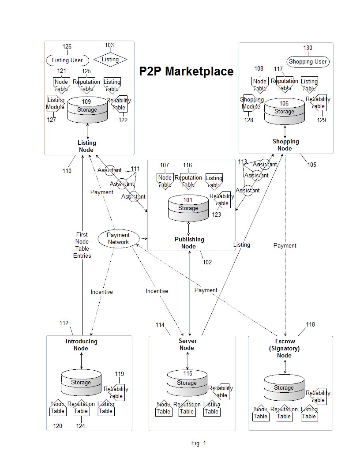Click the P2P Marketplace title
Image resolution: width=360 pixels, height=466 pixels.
pyautogui.click(x=186, y=71)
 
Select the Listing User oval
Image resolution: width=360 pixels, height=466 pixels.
pyautogui.click(x=67, y=60)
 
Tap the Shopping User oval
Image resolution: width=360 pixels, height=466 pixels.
pyautogui.click(x=307, y=62)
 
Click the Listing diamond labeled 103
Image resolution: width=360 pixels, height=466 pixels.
pyautogui.click(x=110, y=60)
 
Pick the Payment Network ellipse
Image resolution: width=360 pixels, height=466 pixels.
pyautogui.click(x=118, y=239)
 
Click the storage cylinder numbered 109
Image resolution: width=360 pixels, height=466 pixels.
pyautogui.click(x=87, y=110)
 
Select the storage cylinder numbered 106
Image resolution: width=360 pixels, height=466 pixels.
pyautogui.click(x=284, y=112)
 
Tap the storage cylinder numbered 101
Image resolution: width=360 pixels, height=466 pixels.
pyautogui.click(x=188, y=208)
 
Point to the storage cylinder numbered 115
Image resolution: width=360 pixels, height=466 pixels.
pyautogui.click(x=187, y=383)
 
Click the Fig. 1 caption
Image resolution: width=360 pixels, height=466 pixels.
pyautogui.click(x=199, y=443)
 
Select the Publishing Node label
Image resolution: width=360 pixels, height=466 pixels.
pyautogui.click(x=189, y=243)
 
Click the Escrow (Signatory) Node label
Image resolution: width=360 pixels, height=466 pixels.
pyautogui.click(x=285, y=348)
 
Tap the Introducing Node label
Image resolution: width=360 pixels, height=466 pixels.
pyautogui.click(x=81, y=345)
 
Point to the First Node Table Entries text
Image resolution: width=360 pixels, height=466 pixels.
pyautogui.click(x=82, y=245)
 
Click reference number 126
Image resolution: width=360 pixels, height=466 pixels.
pyautogui.click(x=67, y=47)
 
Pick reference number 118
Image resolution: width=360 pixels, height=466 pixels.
pyautogui.click(x=311, y=324)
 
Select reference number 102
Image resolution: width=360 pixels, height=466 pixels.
pyautogui.click(x=207, y=262)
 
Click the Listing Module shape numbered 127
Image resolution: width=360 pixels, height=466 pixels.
pyautogui.click(x=55, y=104)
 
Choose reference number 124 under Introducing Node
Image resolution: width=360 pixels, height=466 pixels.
pyautogui.click(x=80, y=426)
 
